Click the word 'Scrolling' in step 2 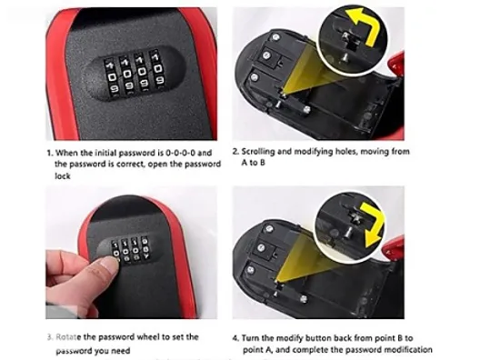257,151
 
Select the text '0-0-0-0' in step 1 180,153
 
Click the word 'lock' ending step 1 63,176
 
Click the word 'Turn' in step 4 250,338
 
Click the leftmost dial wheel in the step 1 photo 112,76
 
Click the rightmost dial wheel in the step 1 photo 156,68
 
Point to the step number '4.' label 235,338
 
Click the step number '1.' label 50,153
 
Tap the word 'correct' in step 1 131,164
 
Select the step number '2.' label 235,152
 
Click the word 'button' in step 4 318,338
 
